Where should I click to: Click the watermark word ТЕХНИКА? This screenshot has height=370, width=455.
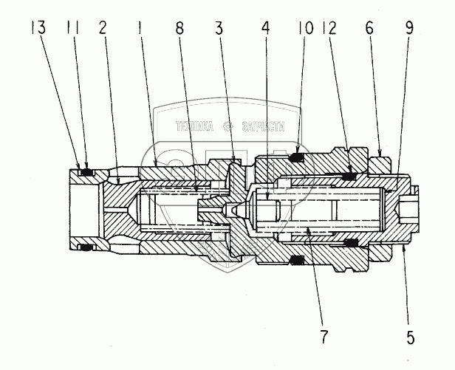coord(194,126)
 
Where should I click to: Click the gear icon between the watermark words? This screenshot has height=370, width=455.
coord(227,126)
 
